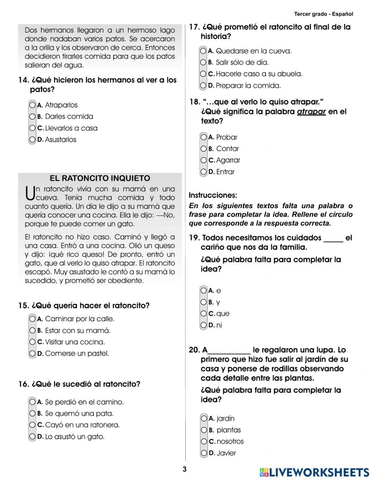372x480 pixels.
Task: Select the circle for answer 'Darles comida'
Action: [33, 117]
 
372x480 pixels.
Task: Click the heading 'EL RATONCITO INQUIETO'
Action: [100, 178]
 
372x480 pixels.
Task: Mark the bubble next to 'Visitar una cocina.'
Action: [33, 342]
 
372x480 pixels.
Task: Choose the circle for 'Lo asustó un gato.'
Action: [33, 436]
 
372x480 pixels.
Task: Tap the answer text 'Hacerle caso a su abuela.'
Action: [259, 74]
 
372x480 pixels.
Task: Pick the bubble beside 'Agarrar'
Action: [203, 160]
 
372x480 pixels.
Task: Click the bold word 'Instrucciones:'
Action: [213, 195]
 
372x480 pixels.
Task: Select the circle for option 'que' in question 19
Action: [203, 313]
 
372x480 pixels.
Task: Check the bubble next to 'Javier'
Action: [203, 453]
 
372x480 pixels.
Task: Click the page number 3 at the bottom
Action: [185, 469]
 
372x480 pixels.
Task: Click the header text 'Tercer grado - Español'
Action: [323, 14]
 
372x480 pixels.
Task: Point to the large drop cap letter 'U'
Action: [30, 193]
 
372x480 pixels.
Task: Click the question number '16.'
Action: [23, 384]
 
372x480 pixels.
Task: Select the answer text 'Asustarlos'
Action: [60, 140]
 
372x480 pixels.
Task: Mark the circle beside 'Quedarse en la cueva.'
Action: [203, 51]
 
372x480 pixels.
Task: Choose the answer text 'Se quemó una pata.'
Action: [79, 413]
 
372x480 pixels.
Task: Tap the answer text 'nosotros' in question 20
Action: [230, 441]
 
